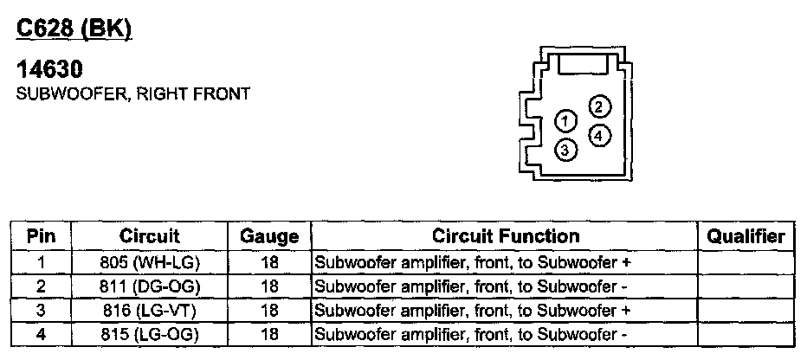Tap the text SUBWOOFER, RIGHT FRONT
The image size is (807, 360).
pos(133,94)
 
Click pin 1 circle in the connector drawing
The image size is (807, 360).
pos(565,120)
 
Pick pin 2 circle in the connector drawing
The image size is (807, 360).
pos(598,106)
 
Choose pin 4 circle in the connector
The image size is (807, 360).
pos(599,136)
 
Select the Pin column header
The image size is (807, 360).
pos(42,236)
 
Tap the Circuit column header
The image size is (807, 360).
pos(149,236)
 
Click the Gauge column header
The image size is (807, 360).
pos(269,236)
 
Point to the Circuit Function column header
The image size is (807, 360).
pos(506,236)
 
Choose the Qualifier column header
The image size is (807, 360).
pos(746,236)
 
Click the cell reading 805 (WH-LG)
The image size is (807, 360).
pos(149,261)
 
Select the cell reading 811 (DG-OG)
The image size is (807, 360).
pos(149,286)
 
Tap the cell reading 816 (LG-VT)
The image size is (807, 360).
pos(149,310)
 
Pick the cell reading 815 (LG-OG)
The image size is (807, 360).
pos(149,334)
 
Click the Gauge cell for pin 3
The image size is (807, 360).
pos(269,310)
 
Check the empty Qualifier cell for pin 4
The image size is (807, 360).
pos(746,334)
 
